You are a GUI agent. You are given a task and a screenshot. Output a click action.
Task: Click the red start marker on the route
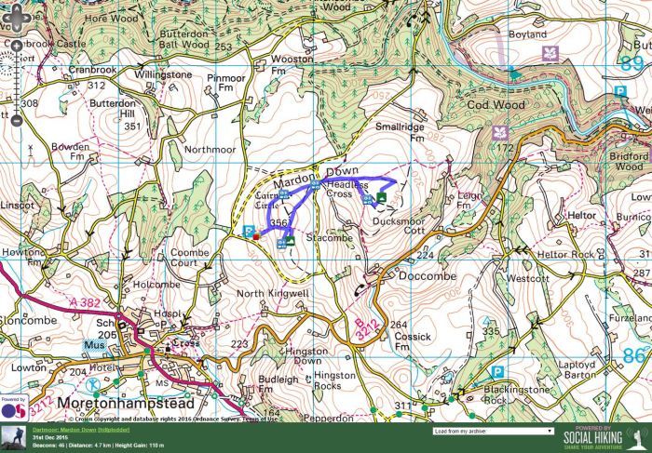tap(255, 237)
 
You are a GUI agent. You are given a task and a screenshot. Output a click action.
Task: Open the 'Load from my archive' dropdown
tap(493, 432)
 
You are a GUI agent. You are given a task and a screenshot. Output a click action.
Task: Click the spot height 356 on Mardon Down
tap(278, 224)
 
